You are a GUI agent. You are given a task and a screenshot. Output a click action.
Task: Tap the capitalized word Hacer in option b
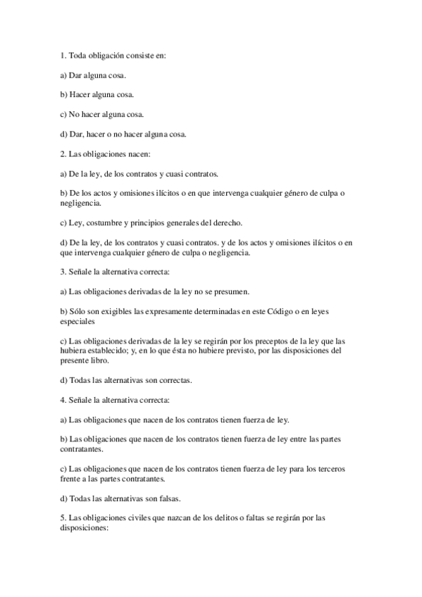click(x=82, y=94)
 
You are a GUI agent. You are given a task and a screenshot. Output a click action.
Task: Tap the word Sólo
click(x=78, y=310)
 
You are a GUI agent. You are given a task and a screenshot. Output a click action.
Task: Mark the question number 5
click(x=62, y=517)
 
